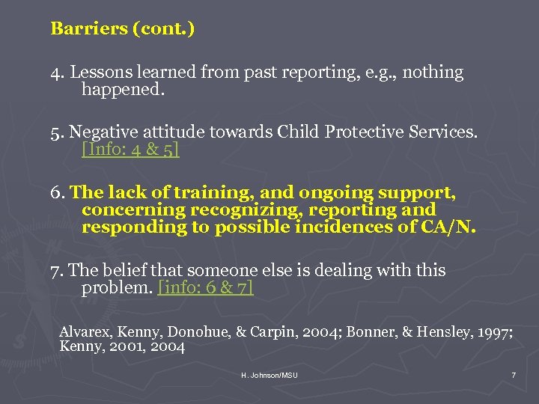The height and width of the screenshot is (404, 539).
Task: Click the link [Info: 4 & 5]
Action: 130,149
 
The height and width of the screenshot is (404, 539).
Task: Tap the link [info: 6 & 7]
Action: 206,288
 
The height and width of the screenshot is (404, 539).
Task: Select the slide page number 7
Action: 514,375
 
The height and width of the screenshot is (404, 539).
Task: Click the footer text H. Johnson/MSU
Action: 269,375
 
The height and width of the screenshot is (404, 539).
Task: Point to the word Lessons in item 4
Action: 99,73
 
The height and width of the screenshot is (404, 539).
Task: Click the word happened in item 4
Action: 122,91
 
